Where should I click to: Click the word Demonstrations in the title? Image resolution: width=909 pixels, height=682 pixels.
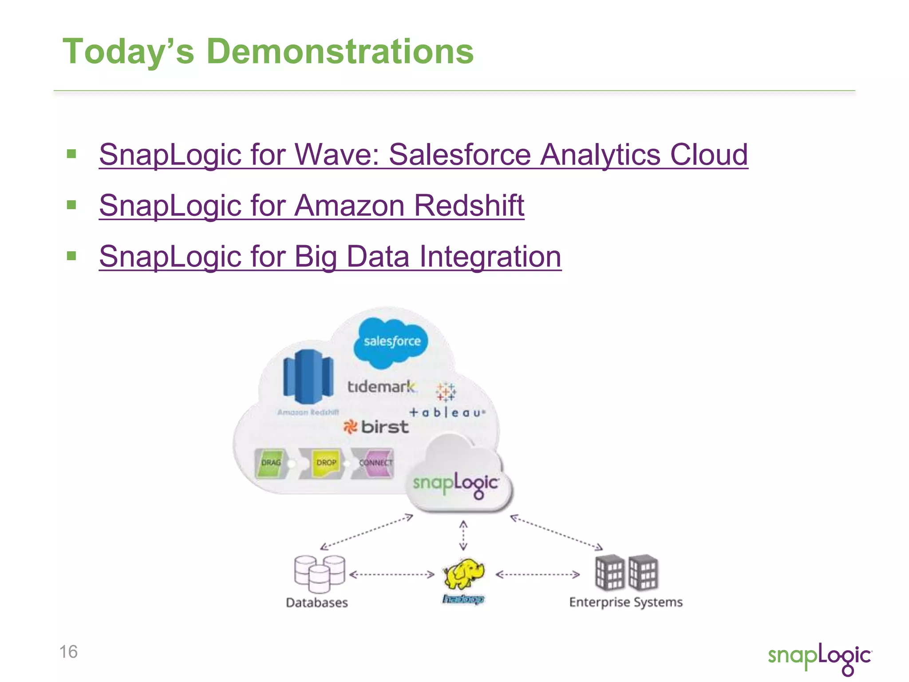point(340,52)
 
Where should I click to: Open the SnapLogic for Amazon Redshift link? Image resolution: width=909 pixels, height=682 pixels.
point(312,206)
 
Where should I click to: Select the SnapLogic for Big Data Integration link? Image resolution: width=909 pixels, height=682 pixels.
point(330,257)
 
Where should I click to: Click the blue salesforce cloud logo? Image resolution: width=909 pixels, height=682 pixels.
point(391,342)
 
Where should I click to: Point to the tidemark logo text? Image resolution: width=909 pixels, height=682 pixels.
point(382,387)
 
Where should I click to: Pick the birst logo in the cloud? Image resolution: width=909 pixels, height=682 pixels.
point(376,427)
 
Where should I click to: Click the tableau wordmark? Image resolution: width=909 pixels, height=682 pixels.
point(447,412)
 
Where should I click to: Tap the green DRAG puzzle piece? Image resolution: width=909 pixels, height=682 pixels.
point(271,463)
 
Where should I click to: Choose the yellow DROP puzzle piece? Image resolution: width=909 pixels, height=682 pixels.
point(326,463)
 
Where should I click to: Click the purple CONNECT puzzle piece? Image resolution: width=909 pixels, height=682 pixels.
point(375,463)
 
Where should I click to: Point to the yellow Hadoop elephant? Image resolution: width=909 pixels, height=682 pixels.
point(464,574)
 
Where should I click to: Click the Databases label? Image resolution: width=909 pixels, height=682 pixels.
point(317,603)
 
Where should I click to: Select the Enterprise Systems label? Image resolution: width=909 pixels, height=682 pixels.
point(626,602)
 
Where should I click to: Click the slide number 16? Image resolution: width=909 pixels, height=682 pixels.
point(68,652)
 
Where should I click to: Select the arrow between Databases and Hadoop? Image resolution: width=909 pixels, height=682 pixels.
point(392,575)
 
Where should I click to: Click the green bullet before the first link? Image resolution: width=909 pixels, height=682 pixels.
point(71,154)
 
